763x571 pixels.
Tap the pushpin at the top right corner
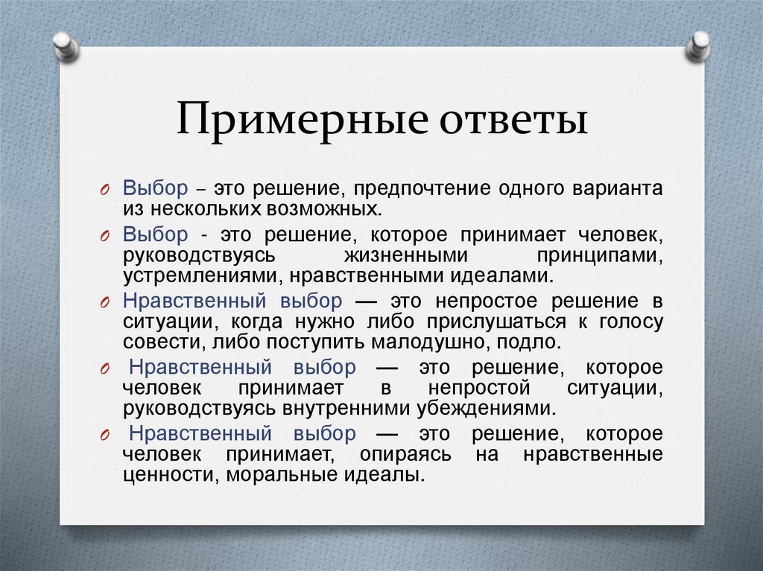coord(699,45)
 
